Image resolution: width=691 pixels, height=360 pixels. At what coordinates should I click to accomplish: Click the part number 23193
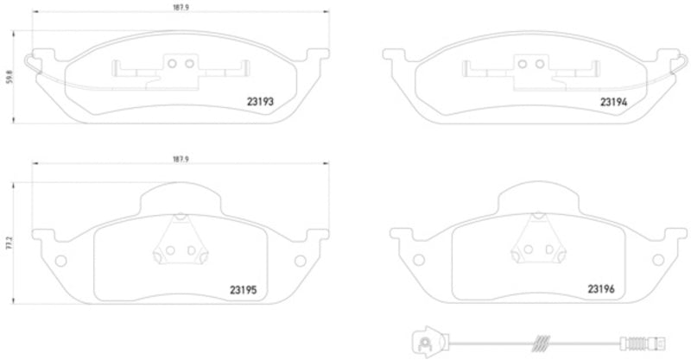click(261, 102)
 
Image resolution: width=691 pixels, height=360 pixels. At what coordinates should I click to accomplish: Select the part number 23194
click(614, 102)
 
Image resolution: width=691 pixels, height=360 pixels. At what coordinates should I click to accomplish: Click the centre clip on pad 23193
click(179, 66)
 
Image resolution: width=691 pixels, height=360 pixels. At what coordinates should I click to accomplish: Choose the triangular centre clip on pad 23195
click(179, 245)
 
